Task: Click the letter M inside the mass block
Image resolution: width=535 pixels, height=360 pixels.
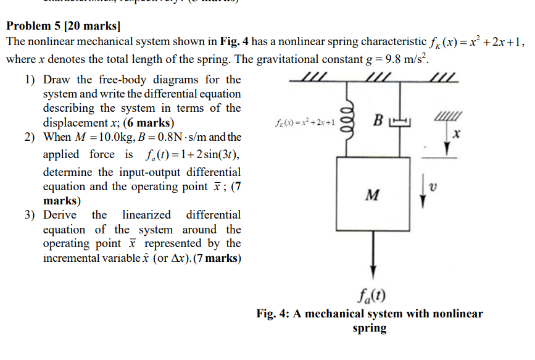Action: (372, 196)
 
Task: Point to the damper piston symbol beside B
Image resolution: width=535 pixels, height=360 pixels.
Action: (400, 121)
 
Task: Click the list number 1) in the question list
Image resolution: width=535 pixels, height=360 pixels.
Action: (30, 80)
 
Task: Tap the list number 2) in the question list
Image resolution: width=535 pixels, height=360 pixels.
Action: (30, 136)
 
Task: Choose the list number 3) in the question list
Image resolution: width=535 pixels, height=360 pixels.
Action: (30, 215)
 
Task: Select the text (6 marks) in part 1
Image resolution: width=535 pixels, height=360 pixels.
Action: (148, 122)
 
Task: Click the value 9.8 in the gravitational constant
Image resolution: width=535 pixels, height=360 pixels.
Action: (392, 60)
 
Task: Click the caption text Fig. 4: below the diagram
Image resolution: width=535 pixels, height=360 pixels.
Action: (273, 314)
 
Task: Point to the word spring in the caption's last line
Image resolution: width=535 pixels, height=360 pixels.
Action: (369, 328)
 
